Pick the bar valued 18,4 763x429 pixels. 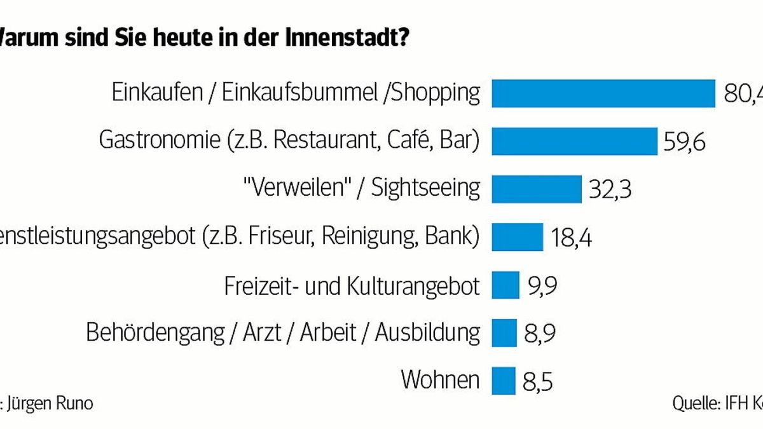[x=518, y=236]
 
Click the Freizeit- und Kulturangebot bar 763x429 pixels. [x=505, y=284]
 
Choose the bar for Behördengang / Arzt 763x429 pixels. [x=504, y=332]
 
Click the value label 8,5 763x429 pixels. [x=538, y=381]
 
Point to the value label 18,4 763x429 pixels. [x=570, y=238]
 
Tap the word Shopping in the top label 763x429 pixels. [x=435, y=93]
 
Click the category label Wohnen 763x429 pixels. [x=440, y=379]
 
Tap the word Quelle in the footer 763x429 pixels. [x=694, y=404]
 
